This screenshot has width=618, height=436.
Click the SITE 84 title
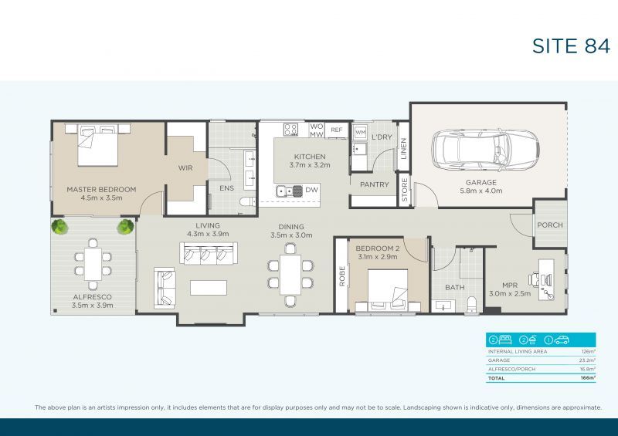pyautogui.click(x=571, y=46)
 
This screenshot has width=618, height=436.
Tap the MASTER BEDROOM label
pyautogui.click(x=101, y=189)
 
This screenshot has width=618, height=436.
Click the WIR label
pyautogui.click(x=185, y=167)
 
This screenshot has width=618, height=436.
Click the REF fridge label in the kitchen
pyautogui.click(x=336, y=130)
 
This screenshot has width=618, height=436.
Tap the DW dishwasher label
pyautogui.click(x=311, y=189)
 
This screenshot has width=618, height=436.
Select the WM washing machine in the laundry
pyautogui.click(x=360, y=134)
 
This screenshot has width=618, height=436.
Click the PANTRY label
pyautogui.click(x=374, y=184)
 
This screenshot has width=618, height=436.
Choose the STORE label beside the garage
pyautogui.click(x=404, y=191)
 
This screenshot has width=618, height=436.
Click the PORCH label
pyautogui.click(x=549, y=225)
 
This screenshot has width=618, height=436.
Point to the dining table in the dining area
pyautogui.click(x=290, y=275)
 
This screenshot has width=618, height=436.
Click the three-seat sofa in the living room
pyautogui.click(x=207, y=254)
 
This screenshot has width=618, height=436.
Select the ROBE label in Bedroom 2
pyautogui.click(x=341, y=276)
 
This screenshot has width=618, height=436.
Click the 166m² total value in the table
pyautogui.click(x=588, y=379)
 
